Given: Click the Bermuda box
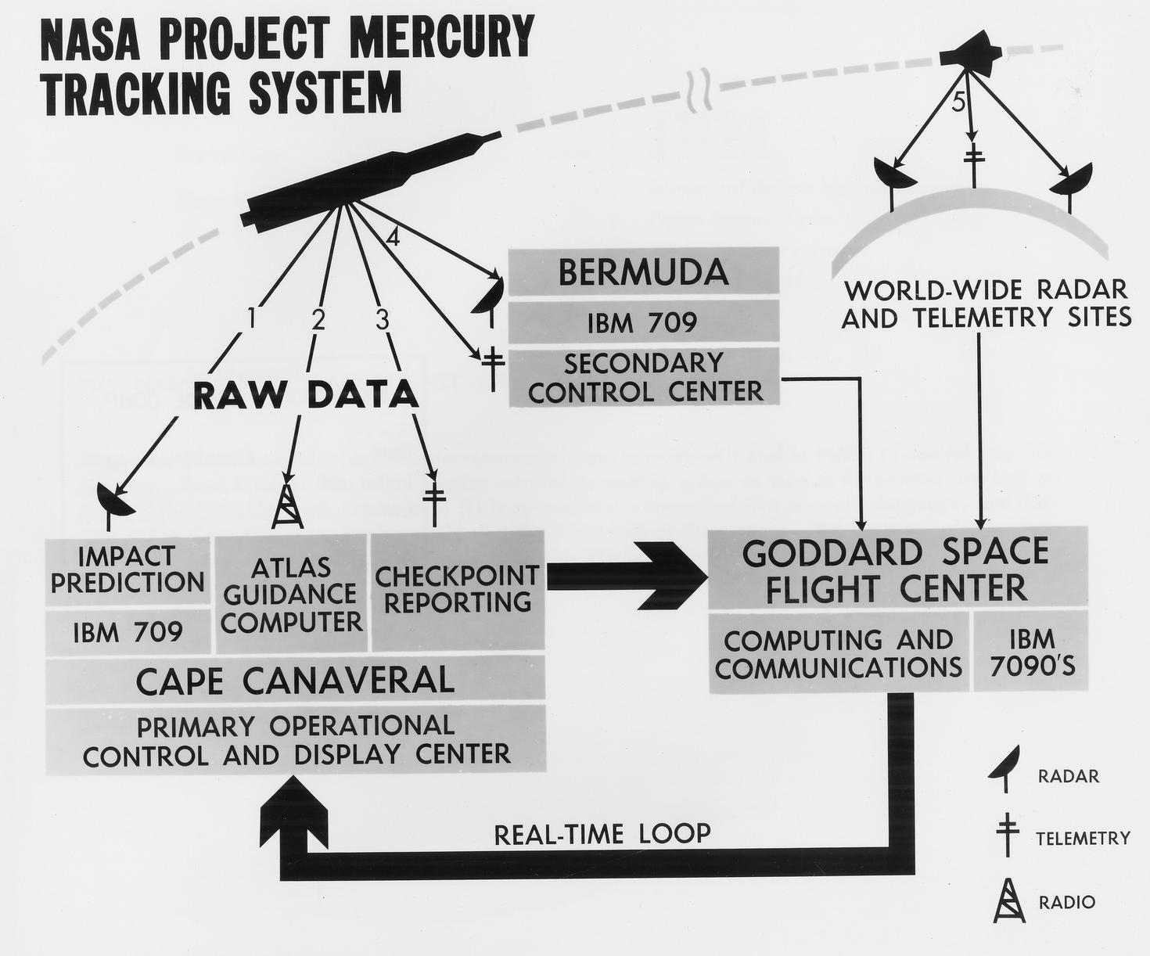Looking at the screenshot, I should pyautogui.click(x=643, y=272).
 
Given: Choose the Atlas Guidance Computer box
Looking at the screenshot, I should pyautogui.click(x=292, y=594).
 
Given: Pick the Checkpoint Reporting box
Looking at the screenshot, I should pyautogui.click(x=458, y=589).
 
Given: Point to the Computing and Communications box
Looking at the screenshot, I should pyautogui.click(x=839, y=653).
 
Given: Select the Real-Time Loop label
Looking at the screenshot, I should pyautogui.click(x=602, y=833).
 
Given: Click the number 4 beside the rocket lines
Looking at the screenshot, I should pyautogui.click(x=393, y=237).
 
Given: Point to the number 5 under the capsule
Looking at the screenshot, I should pyautogui.click(x=959, y=104).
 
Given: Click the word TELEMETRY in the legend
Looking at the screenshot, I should pyautogui.click(x=1083, y=839).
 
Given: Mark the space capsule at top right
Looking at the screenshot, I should pyautogui.click(x=971, y=54).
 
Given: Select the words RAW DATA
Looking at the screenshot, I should pyautogui.click(x=305, y=395).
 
